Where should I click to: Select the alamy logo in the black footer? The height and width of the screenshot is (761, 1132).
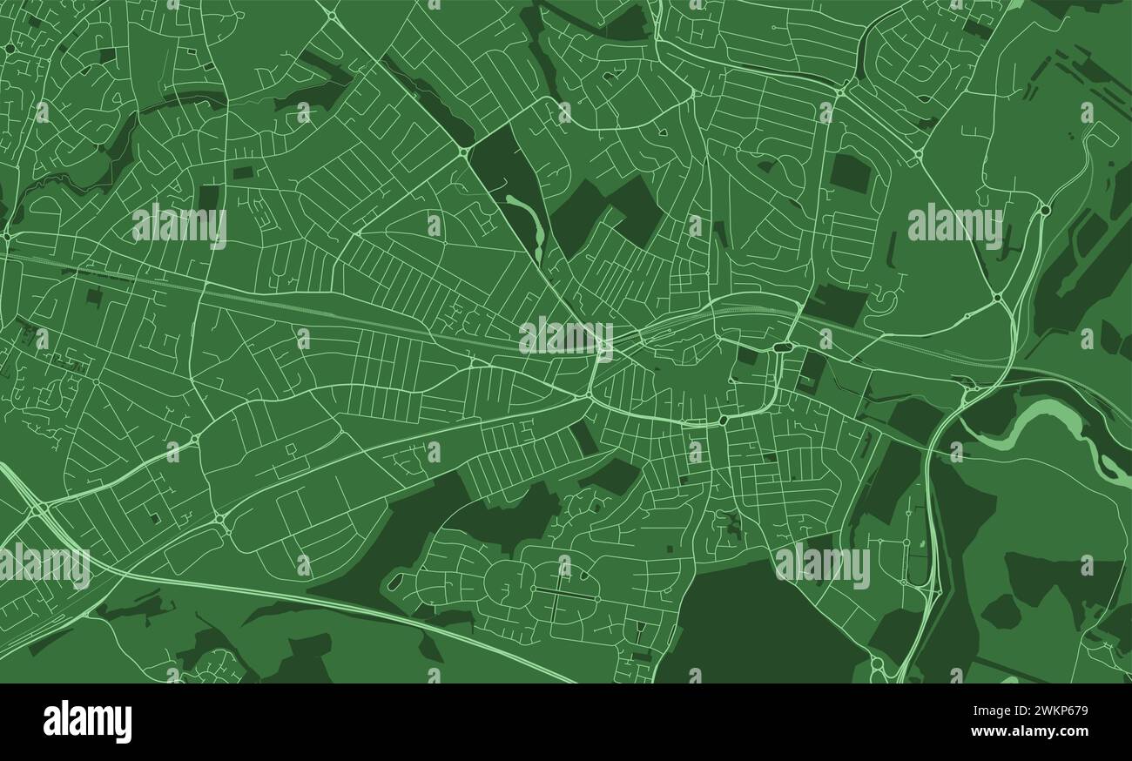[x=87, y=722]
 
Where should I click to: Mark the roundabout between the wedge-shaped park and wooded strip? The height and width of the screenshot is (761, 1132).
[x=462, y=153]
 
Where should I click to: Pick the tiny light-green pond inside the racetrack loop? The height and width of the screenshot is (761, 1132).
[x=921, y=545]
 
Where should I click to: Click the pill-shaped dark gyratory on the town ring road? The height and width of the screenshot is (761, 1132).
[x=781, y=347]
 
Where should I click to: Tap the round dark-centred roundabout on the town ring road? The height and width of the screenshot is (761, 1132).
[x=723, y=421]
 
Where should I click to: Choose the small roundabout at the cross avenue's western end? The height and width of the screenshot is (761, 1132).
[x=532, y=592]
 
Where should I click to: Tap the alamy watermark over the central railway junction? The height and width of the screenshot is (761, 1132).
[x=565, y=336]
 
